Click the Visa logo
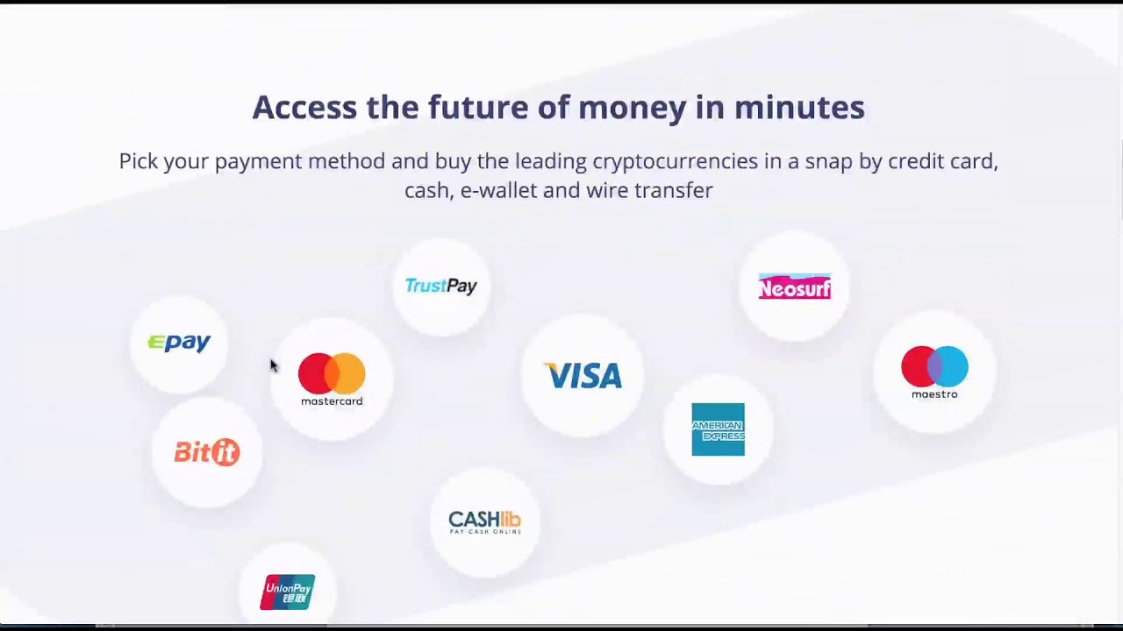(583, 376)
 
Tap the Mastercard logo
(332, 379)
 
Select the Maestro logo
(934, 372)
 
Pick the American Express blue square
(718, 429)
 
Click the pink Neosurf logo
(795, 287)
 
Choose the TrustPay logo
(441, 286)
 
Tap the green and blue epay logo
(179, 343)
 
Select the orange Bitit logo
(207, 452)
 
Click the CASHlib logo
(485, 522)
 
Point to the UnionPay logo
(288, 592)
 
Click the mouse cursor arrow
(273, 365)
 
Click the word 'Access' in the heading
(304, 107)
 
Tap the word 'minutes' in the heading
(799, 107)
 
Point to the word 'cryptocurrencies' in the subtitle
(676, 162)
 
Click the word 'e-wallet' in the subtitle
(499, 190)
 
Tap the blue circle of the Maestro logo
(950, 367)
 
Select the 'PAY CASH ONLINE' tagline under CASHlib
(485, 531)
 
